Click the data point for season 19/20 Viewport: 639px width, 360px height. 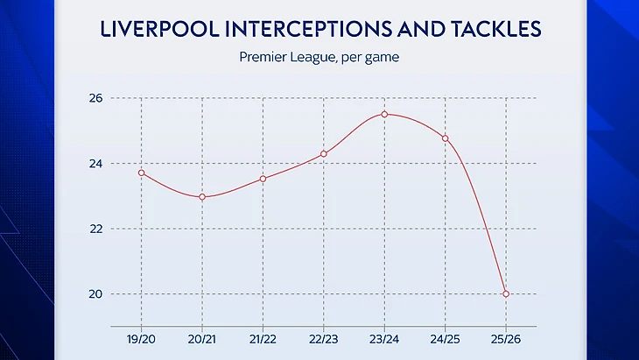142,173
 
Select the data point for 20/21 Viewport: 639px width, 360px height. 202,197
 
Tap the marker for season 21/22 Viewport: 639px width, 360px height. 263,179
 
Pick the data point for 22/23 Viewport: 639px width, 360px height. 324,154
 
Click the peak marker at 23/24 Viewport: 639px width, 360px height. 384,115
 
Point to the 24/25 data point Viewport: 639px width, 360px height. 445,138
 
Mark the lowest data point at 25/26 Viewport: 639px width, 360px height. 506,293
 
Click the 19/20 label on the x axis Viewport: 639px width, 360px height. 142,337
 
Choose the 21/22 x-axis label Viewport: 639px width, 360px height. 263,337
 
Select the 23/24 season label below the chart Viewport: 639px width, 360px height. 384,337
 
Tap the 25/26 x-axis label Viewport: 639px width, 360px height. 506,337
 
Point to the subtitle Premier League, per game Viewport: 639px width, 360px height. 319,59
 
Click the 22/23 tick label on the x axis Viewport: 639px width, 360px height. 324,337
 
